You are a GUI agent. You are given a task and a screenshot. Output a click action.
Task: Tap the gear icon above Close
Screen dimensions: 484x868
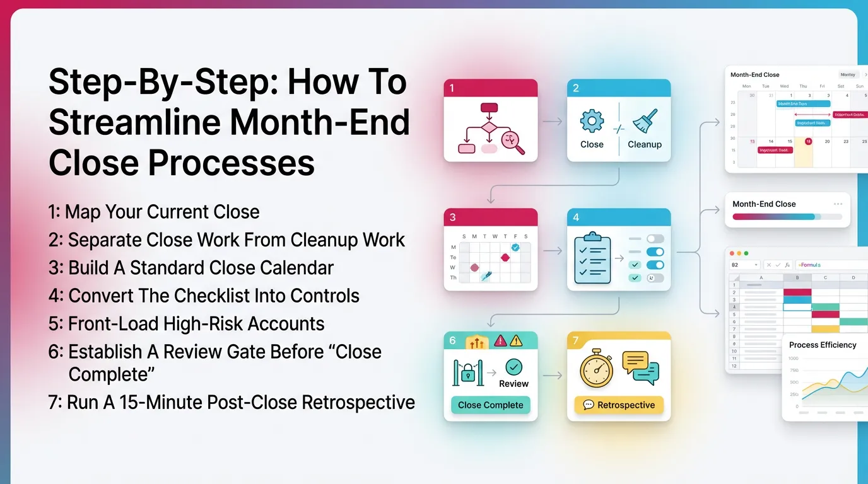coord(592,121)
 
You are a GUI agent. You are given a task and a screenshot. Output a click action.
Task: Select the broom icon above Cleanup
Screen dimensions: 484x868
coord(645,121)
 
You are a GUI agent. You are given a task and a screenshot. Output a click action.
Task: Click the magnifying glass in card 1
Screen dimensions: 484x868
coord(513,142)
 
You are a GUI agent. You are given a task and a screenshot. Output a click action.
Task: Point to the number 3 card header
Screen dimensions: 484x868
coord(490,217)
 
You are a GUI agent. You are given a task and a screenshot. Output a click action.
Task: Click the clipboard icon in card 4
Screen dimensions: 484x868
coord(592,258)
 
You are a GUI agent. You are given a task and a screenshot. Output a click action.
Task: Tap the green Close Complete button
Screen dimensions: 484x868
coord(490,405)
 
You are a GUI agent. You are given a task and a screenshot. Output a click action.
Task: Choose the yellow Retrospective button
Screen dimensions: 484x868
coord(619,405)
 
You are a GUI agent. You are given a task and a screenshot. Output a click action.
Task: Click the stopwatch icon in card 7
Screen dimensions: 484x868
coord(596,369)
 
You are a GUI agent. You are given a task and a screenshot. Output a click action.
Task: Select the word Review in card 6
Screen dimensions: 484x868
coord(513,383)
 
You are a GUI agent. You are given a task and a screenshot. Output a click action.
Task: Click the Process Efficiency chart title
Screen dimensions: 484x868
coord(823,345)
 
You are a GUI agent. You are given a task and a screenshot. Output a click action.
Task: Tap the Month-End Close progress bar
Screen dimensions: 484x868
coord(787,217)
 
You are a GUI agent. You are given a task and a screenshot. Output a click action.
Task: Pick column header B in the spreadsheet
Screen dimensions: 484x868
coord(797,277)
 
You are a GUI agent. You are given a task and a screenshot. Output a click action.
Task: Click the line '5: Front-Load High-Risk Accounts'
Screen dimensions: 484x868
coord(186,324)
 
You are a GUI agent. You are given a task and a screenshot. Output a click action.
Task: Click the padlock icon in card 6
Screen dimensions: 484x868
coord(467,374)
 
